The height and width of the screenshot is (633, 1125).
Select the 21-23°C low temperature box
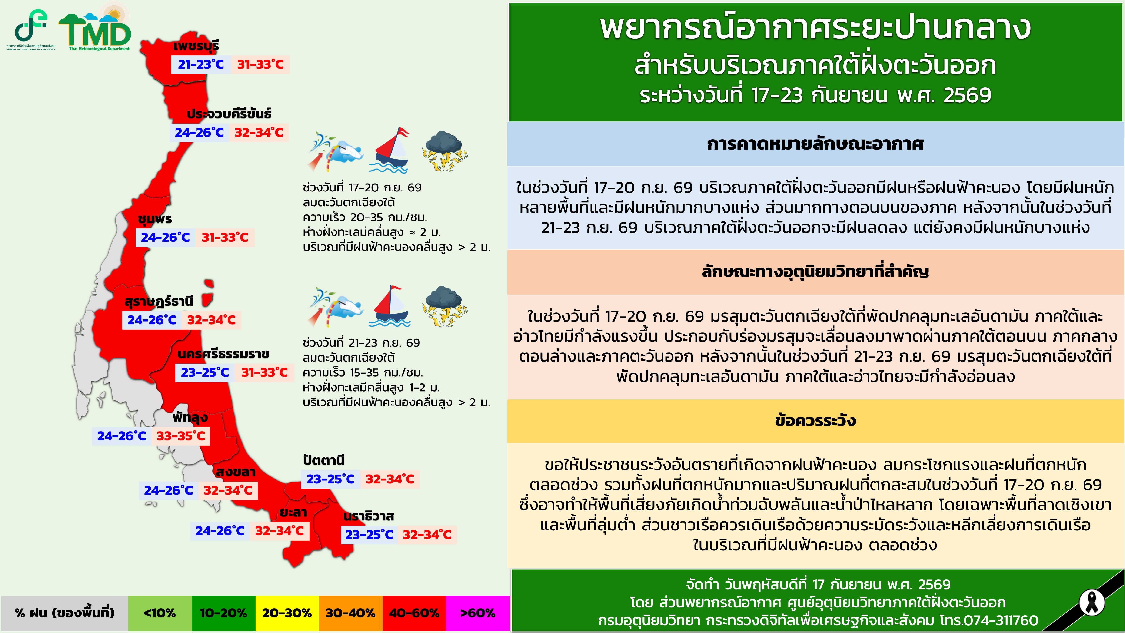200,65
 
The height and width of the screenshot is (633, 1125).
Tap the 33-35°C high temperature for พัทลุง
181,436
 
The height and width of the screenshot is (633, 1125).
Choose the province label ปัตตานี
324,460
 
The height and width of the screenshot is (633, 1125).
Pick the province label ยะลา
293,512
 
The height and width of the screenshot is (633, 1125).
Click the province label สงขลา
235,472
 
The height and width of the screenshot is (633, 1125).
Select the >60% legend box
478,613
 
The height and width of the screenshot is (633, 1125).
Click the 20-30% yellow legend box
287,613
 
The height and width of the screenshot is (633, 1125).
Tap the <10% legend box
160,613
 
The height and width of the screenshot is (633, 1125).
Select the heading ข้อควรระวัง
815,421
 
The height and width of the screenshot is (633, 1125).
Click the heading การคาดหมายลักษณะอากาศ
815,144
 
